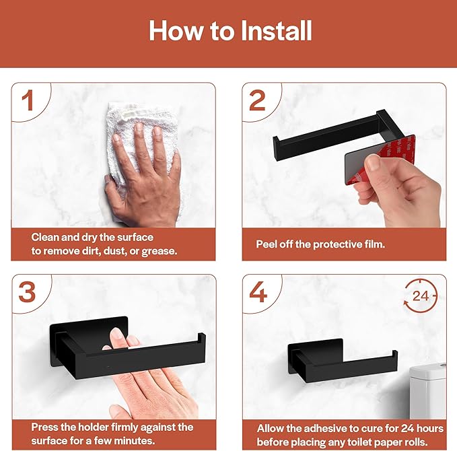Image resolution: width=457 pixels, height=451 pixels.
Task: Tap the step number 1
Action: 27,101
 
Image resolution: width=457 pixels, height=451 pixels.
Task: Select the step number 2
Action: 257,101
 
